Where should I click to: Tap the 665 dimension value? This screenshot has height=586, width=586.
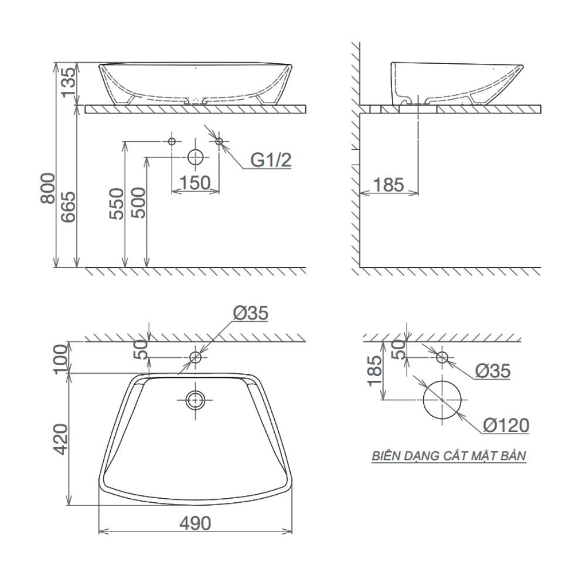[x=68, y=207]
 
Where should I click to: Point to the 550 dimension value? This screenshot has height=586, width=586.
[x=117, y=204]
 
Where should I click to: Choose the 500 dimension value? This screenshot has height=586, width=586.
[x=138, y=204]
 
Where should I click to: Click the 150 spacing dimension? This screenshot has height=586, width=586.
[x=195, y=183]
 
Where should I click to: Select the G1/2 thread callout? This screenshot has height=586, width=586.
[x=271, y=160]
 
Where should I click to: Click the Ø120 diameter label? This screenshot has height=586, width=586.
[x=507, y=425]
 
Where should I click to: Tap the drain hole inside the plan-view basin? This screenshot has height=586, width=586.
[x=195, y=400]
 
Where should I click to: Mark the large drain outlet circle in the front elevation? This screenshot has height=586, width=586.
[x=195, y=158]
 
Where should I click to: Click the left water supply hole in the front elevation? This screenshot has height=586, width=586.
[x=172, y=141]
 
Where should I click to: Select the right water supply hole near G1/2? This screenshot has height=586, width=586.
[x=219, y=141]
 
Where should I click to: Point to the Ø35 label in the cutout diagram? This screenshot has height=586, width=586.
[x=492, y=371]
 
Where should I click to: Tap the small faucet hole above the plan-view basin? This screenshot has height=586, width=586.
[x=195, y=357]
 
